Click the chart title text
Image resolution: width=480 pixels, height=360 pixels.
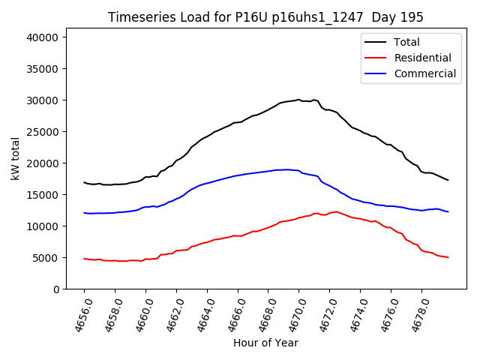pos(265,17)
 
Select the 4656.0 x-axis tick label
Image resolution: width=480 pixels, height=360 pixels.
pos(79,313)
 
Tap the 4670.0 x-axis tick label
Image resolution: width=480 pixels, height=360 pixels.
pos(293,313)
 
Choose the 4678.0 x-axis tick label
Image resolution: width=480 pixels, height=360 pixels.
pos(416,313)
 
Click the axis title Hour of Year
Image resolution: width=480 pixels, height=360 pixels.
pos(265,343)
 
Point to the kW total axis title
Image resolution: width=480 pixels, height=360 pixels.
pos(15,158)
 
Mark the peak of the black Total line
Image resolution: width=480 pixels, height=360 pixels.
pos(298,99)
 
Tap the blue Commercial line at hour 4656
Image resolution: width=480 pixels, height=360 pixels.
pos(84,213)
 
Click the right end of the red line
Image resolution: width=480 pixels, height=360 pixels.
pos(448,257)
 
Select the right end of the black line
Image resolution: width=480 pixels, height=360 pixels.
pos(448,180)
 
